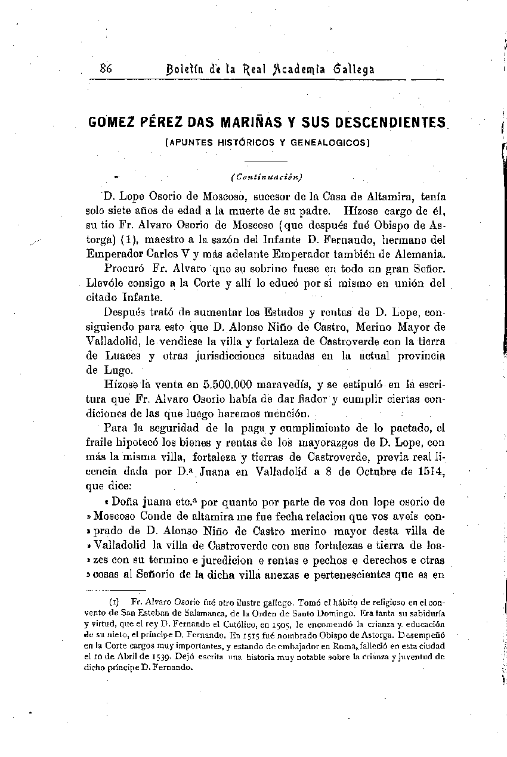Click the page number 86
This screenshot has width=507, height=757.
pyautogui.click(x=107, y=67)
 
